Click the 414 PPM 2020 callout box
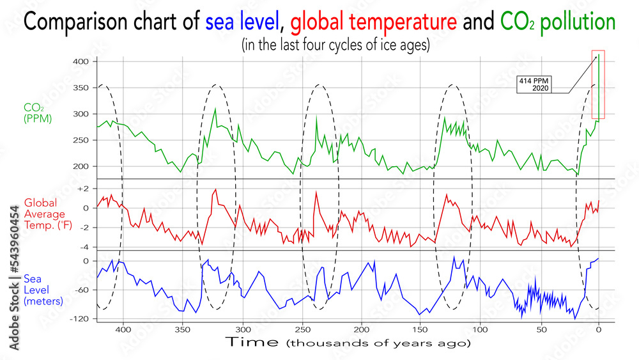(x=534, y=84)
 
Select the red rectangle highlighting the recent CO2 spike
(x=598, y=84)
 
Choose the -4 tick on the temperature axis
(x=84, y=247)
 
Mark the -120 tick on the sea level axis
(x=79, y=318)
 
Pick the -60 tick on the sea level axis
(x=82, y=290)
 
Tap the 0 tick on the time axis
(x=599, y=331)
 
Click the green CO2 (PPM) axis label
(x=38, y=113)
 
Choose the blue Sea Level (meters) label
(x=43, y=290)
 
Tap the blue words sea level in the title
(x=243, y=24)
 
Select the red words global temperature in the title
(x=372, y=24)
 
